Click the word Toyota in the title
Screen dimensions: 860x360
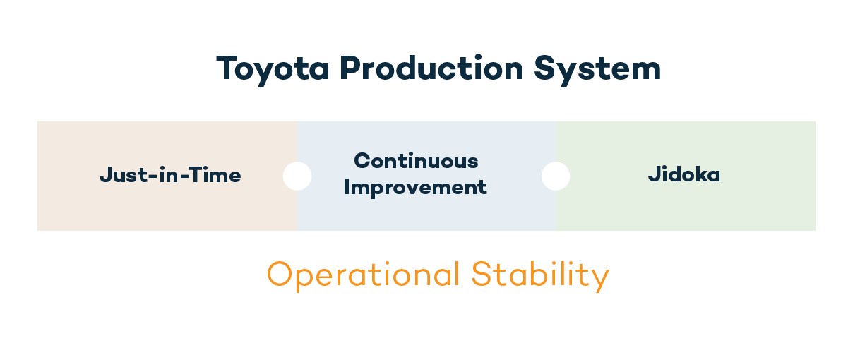pyautogui.click(x=273, y=69)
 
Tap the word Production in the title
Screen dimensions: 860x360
pyautogui.click(x=431, y=68)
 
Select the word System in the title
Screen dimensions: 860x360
pyautogui.click(x=597, y=69)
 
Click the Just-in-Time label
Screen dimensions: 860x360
pyautogui.click(x=170, y=175)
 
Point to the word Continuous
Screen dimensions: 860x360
pyautogui.click(x=416, y=161)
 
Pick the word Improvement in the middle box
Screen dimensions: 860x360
pyautogui.click(x=415, y=188)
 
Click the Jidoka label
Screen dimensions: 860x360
pyautogui.click(x=684, y=174)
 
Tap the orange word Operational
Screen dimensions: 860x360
pyautogui.click(x=363, y=275)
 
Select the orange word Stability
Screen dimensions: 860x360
pyautogui.click(x=540, y=275)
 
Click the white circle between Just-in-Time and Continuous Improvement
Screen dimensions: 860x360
pyautogui.click(x=297, y=176)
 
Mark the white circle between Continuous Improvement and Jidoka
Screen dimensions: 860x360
pyautogui.click(x=556, y=176)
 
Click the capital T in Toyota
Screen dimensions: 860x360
pyautogui.click(x=227, y=68)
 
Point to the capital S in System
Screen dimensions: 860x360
pyautogui.click(x=546, y=68)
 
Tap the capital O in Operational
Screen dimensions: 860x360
pyautogui.click(x=280, y=274)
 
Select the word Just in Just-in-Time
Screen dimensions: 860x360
pyautogui.click(x=124, y=175)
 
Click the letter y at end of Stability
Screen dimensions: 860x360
pyautogui.click(x=601, y=280)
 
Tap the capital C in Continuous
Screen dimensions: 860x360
pyautogui.click(x=362, y=161)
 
